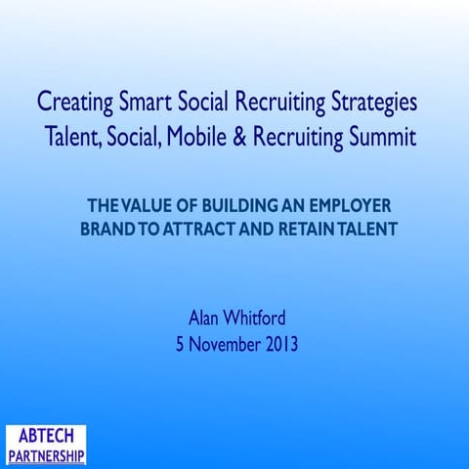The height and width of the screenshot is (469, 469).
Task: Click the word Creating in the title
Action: coord(72,103)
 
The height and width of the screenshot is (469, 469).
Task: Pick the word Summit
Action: coord(383,137)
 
